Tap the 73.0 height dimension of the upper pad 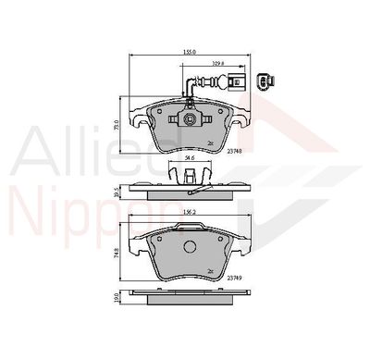coord(116,124)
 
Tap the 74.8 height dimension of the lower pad coord(116,254)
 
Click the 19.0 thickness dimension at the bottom coord(116,300)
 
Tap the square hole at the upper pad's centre coord(188,119)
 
